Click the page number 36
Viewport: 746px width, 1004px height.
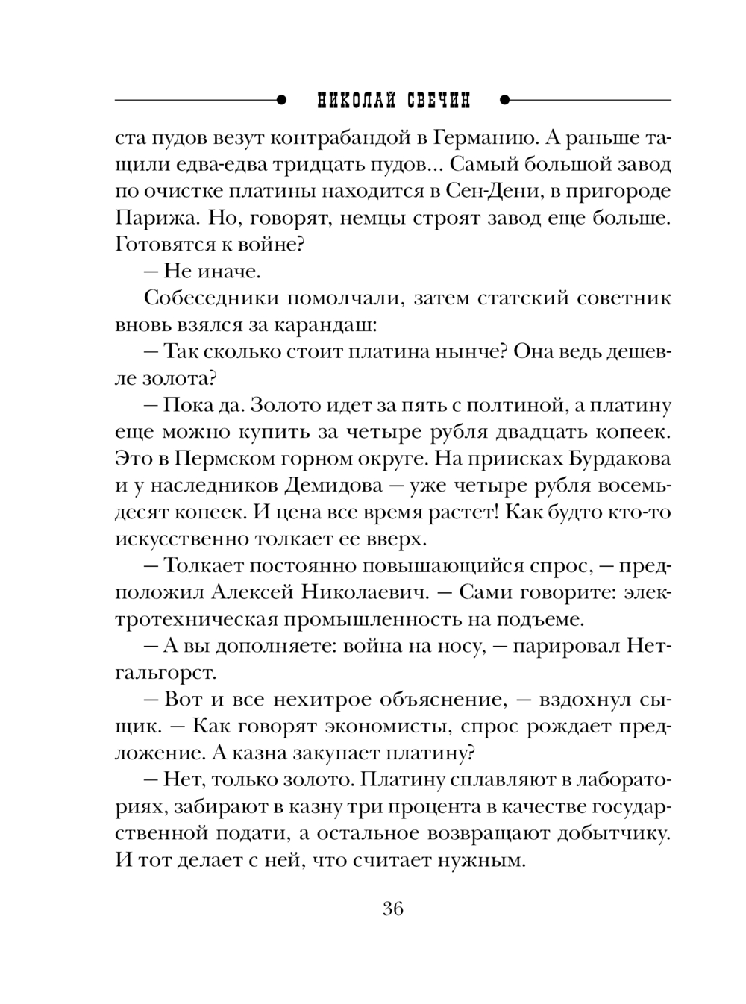point(393,909)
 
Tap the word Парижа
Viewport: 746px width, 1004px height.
point(152,218)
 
